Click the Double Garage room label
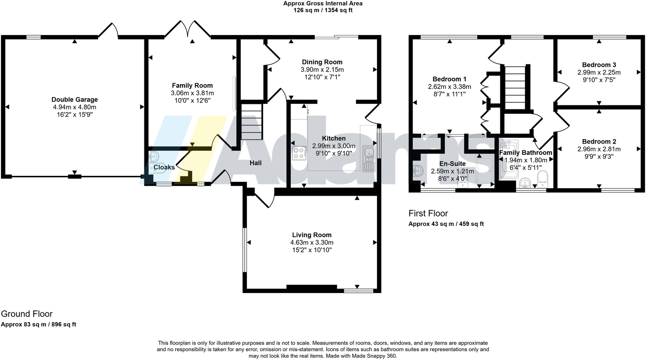tap(74, 99)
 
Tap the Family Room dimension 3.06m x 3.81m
tap(192, 93)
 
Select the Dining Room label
tap(322, 62)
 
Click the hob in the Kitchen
tap(299, 153)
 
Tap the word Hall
tap(256, 163)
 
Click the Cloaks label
tap(164, 167)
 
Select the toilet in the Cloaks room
tap(153, 157)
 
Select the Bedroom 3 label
tap(599, 65)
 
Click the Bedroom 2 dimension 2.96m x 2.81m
tap(599, 149)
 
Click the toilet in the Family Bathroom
tap(543, 178)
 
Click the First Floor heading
tap(428, 213)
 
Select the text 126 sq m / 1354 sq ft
tap(323, 10)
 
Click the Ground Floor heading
tap(27, 314)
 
